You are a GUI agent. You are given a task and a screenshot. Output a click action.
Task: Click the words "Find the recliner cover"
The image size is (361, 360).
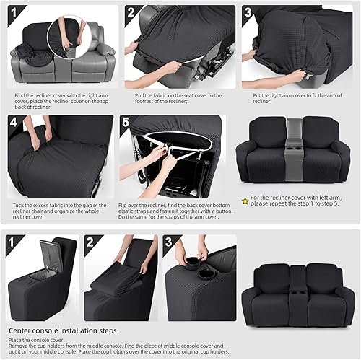40,94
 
